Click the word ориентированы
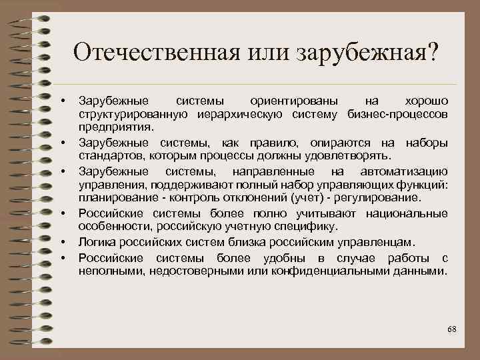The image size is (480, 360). (x=293, y=101)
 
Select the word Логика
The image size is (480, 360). (x=95, y=241)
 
